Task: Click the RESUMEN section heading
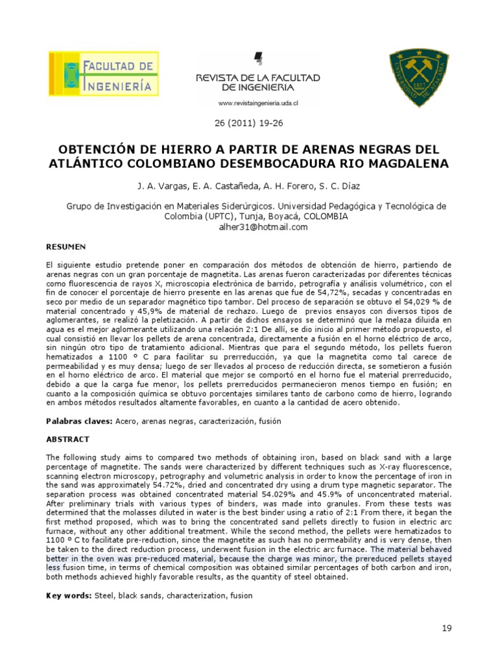point(66,247)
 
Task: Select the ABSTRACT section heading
point(67,439)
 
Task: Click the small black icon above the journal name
point(259,59)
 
